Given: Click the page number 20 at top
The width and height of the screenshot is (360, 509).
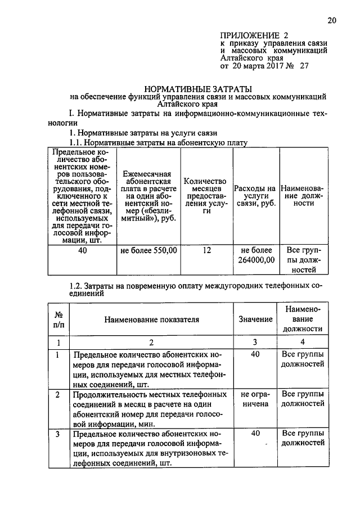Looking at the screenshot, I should click(x=331, y=21).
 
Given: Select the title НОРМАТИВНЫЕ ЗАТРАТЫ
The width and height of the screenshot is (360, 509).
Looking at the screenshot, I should click(x=197, y=89).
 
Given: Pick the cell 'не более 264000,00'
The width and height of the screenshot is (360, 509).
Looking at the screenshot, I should click(x=256, y=255).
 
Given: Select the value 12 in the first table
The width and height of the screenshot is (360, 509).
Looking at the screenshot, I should click(x=206, y=250).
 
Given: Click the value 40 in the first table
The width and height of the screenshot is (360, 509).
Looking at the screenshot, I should click(x=83, y=250).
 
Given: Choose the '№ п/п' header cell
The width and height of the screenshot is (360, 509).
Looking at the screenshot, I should click(x=58, y=319).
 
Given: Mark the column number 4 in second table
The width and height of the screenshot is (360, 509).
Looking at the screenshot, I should click(x=303, y=342).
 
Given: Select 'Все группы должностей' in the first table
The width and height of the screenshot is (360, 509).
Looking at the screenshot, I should click(x=303, y=260).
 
